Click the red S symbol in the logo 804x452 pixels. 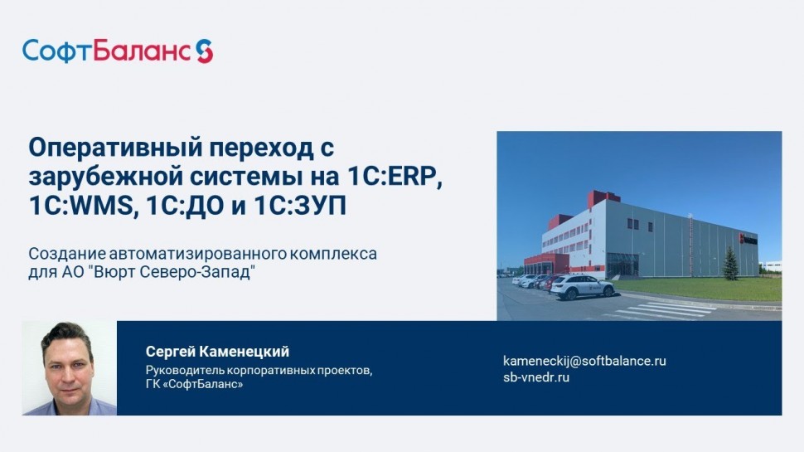(x=205, y=51)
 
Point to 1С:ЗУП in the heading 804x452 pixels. (x=301, y=205)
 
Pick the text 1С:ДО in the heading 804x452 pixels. (x=185, y=205)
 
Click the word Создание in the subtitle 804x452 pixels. (x=67, y=254)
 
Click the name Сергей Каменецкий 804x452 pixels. (x=217, y=352)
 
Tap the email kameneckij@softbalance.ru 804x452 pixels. (x=584, y=361)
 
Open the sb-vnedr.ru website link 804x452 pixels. (x=536, y=377)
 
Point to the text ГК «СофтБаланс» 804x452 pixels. (x=194, y=384)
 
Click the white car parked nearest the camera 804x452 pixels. (x=582, y=287)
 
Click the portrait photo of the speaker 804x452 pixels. (x=70, y=368)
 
